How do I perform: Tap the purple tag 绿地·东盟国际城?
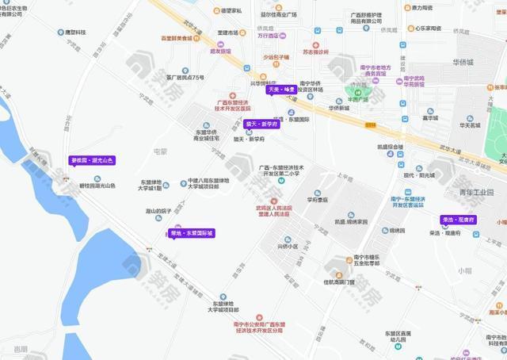(191, 233)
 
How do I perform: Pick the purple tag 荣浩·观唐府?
(458, 220)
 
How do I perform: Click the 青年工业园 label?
(475, 192)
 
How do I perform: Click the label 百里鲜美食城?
(177, 38)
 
